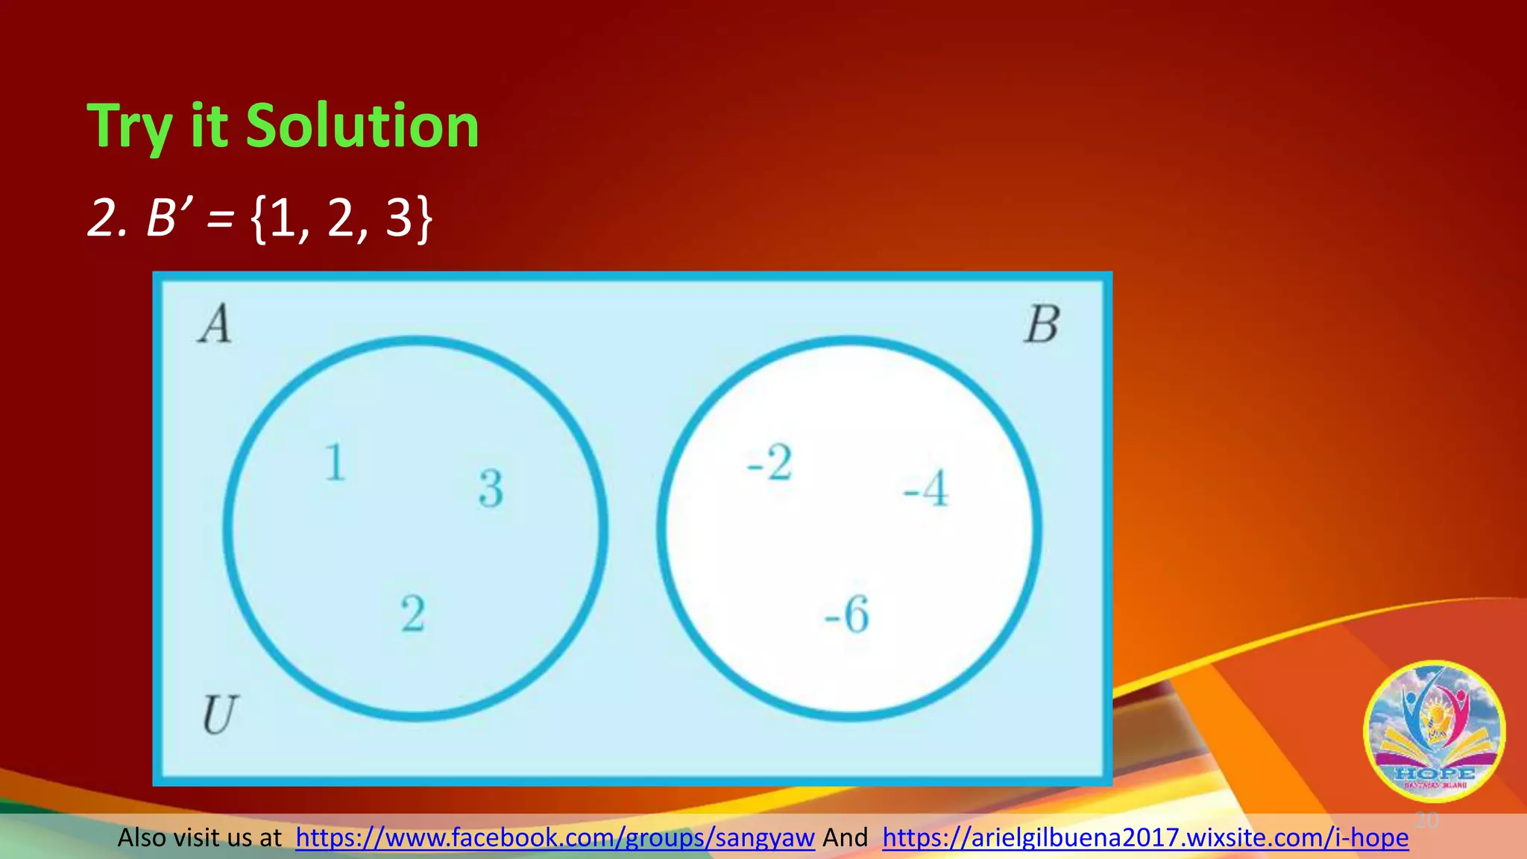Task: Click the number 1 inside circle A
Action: coord(335,462)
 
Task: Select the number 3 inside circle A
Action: coord(491,488)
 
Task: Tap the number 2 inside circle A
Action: coord(413,614)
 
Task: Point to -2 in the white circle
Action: coord(769,462)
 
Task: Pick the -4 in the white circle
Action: coord(925,488)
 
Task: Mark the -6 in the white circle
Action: coord(847,614)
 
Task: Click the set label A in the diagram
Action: coord(215,325)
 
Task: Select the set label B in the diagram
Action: coord(1042,325)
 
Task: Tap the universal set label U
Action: coord(219,714)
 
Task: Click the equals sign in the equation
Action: coord(220,219)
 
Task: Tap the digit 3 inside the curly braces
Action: coord(399,218)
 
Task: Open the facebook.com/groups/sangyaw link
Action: coord(555,838)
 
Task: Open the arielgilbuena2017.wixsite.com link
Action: coord(1145,838)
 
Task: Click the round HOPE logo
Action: coord(1434,731)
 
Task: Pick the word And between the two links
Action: coord(845,838)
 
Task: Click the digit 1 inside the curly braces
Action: coord(283,218)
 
